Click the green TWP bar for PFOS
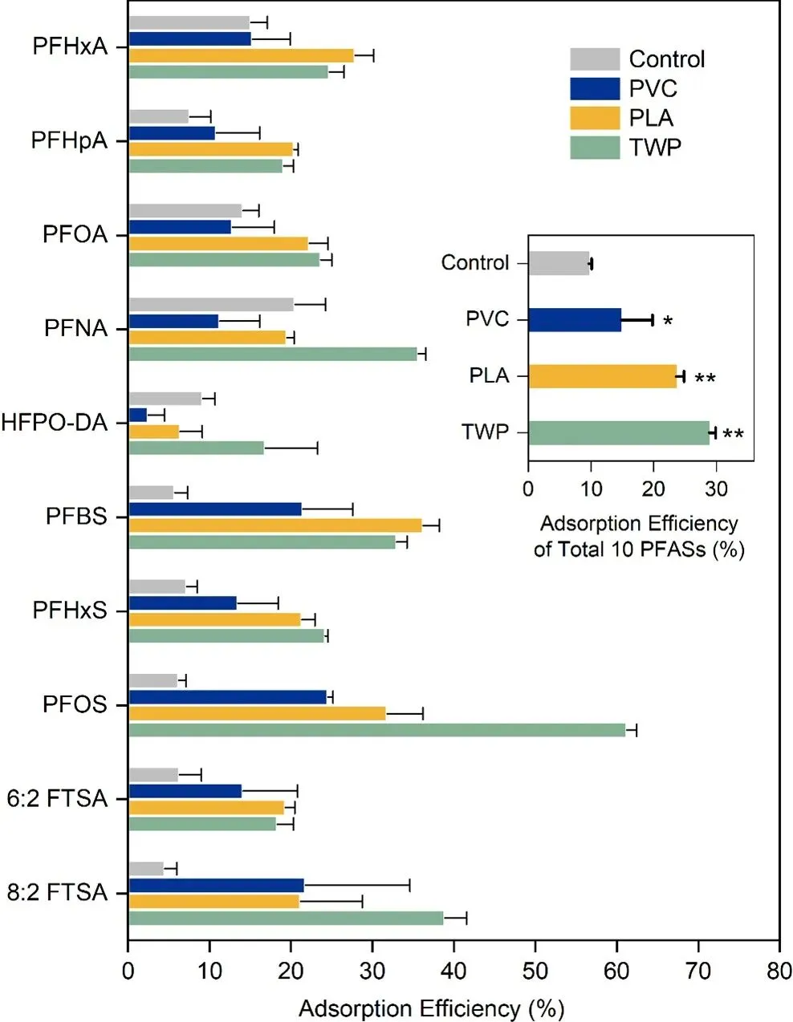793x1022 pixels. click(x=377, y=730)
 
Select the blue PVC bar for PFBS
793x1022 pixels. click(x=215, y=509)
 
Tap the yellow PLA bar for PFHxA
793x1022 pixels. click(x=241, y=55)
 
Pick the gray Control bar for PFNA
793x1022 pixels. click(x=211, y=304)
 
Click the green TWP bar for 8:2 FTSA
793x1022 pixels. click(x=286, y=919)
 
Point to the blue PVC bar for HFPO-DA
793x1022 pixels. click(x=138, y=415)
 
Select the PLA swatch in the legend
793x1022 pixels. click(x=595, y=118)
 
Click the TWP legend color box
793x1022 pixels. click(x=595, y=148)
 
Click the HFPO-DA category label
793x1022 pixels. click(x=54, y=423)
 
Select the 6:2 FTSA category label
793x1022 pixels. click(x=57, y=799)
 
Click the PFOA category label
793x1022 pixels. click(x=75, y=235)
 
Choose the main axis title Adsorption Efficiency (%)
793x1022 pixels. click(x=431, y=1008)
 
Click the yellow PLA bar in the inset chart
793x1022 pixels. click(x=602, y=376)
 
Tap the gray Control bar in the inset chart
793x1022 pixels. click(x=559, y=263)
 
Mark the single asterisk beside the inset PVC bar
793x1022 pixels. click(x=668, y=322)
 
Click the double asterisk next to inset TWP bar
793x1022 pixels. click(x=733, y=435)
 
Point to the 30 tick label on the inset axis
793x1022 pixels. click(x=716, y=489)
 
